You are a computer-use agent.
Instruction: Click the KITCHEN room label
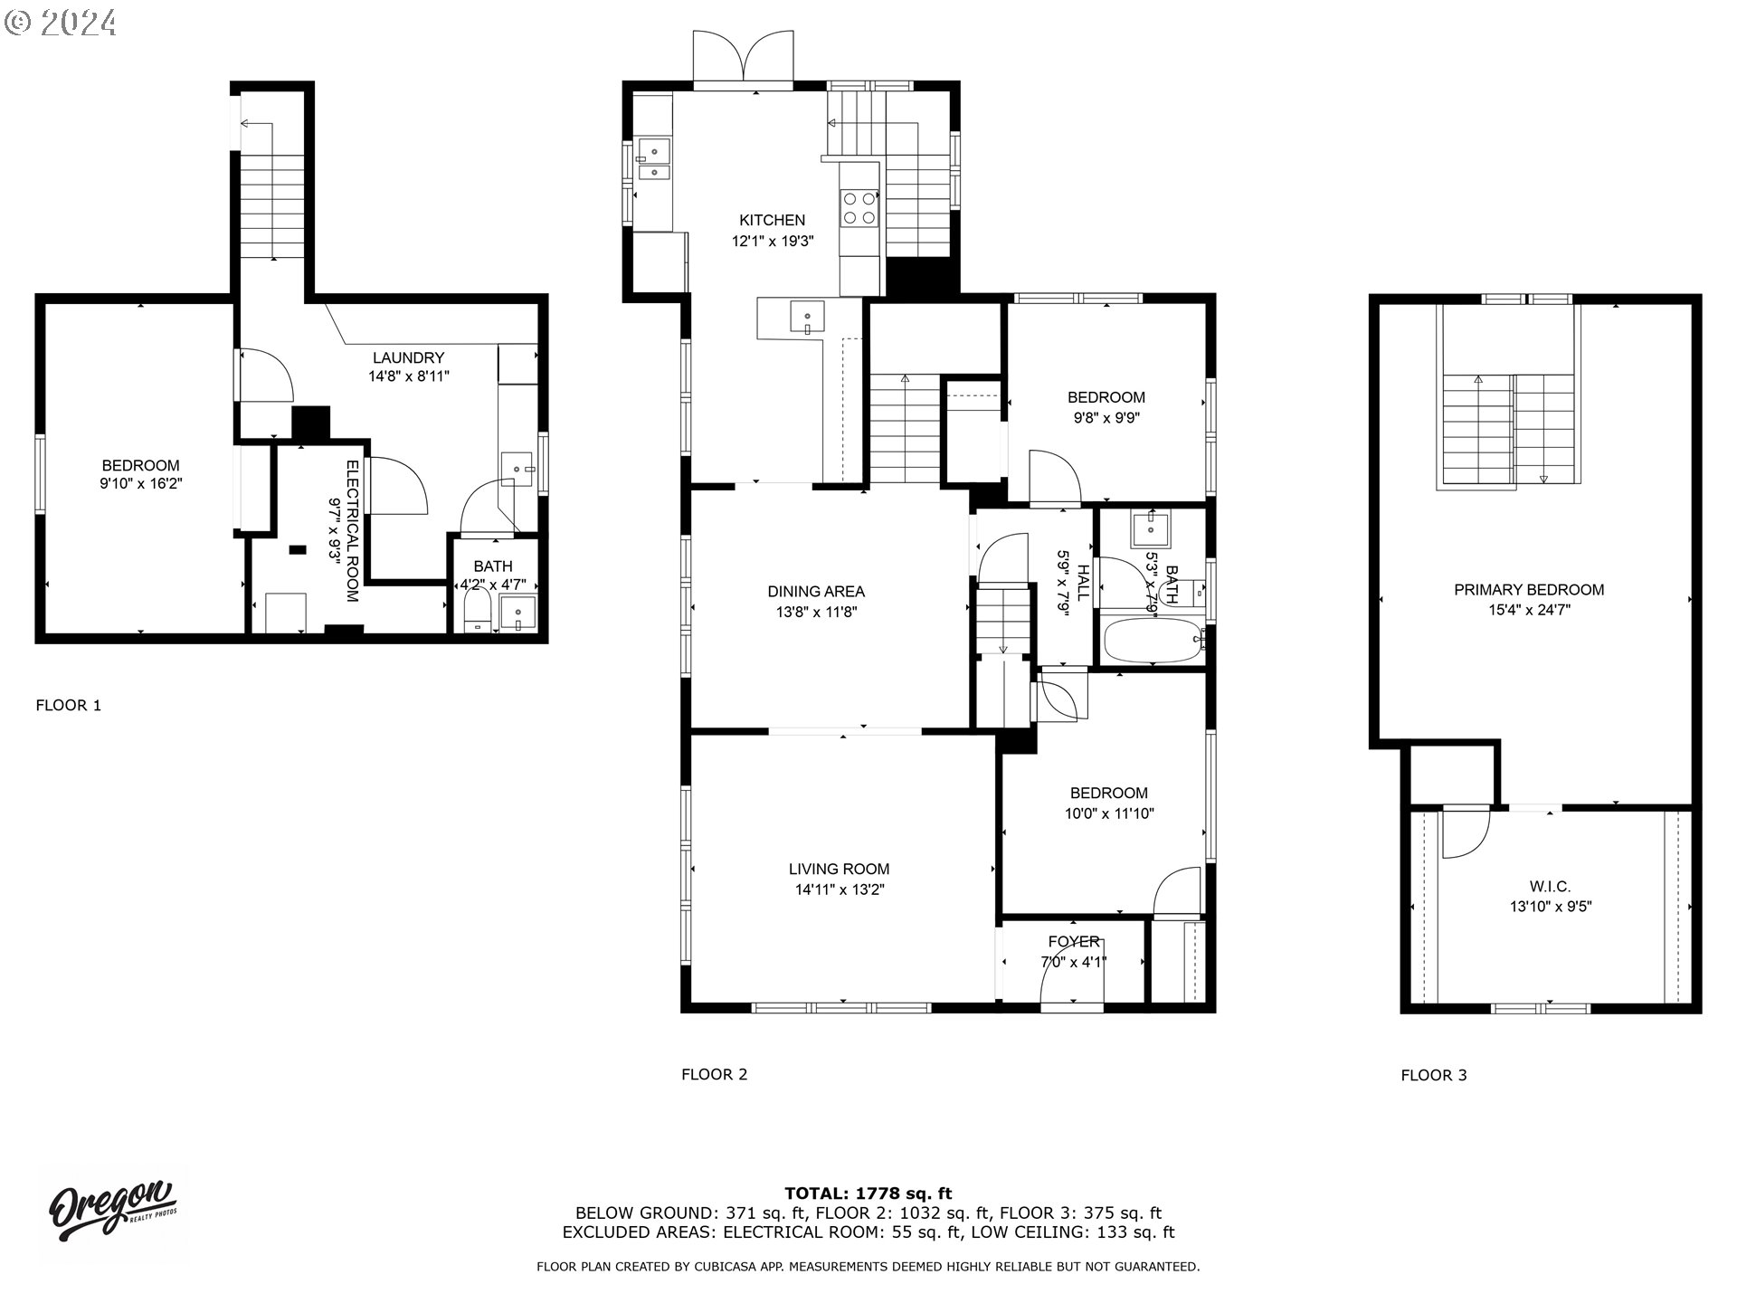coord(772,220)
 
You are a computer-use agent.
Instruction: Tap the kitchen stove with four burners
coord(859,207)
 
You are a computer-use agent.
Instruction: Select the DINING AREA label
coord(816,592)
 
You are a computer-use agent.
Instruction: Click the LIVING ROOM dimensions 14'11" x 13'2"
coord(839,889)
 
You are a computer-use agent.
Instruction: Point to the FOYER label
coord(1074,942)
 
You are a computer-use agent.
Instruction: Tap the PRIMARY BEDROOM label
coord(1529,590)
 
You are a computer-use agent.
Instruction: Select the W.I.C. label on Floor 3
coord(1550,887)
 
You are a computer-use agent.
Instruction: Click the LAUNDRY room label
coord(408,358)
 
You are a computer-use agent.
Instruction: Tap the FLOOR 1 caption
coord(69,706)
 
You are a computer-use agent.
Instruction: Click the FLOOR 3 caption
coord(1434,1075)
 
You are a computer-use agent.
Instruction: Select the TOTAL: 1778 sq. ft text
coord(868,1194)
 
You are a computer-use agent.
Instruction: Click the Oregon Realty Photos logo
coord(111,1212)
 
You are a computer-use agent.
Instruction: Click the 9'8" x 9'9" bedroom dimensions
coord(1106,418)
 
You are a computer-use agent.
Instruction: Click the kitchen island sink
coord(807,318)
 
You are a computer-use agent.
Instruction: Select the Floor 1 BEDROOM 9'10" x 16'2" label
coord(141,475)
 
